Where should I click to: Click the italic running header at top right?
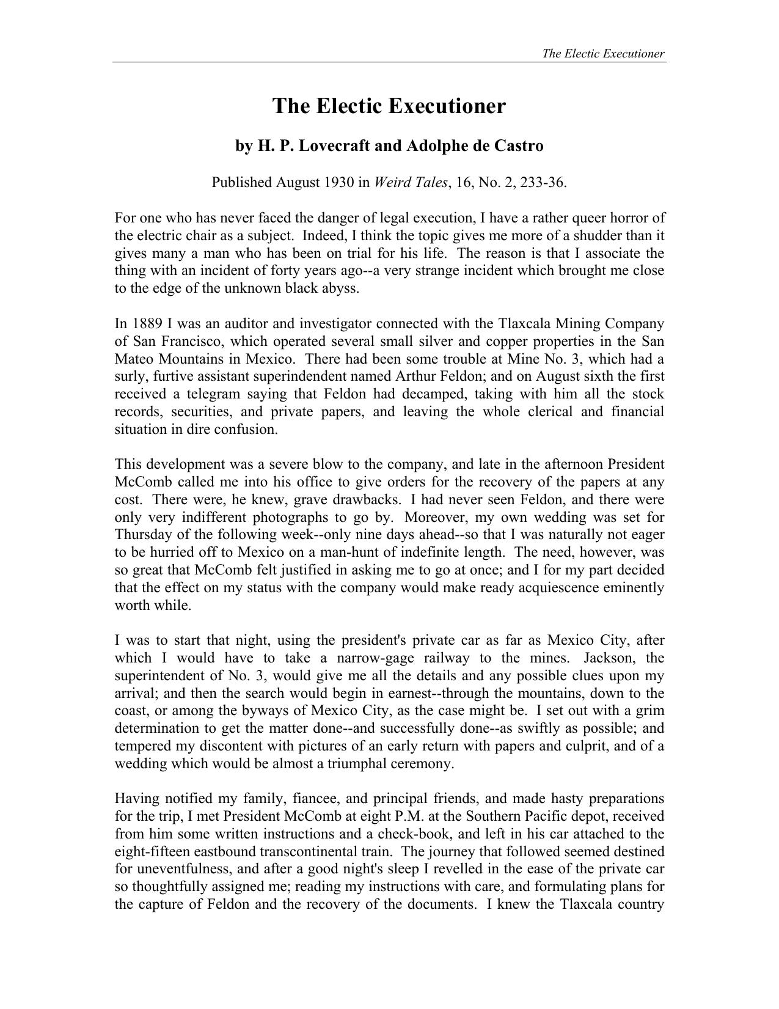[x=603, y=53]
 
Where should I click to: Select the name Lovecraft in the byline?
[x=324, y=146]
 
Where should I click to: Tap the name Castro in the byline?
[x=518, y=146]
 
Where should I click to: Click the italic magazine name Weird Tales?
[x=411, y=182]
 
